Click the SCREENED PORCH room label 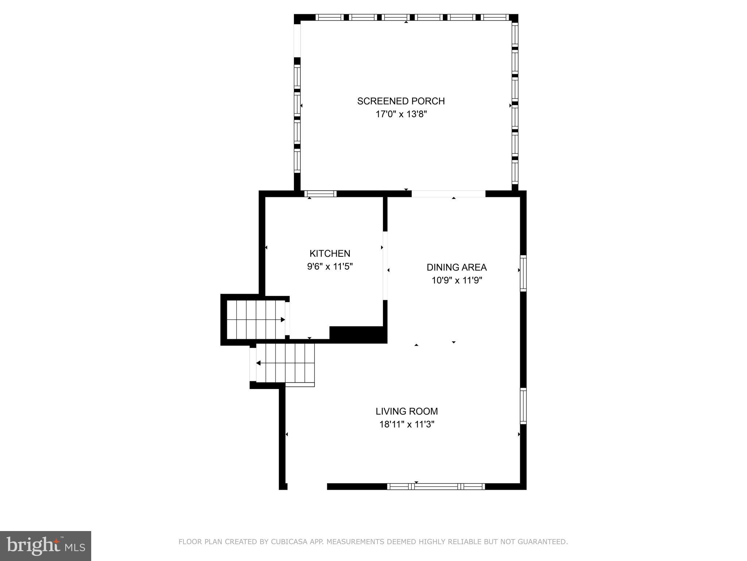pos(401,101)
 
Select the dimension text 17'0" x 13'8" pos(401,114)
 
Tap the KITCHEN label pos(330,253)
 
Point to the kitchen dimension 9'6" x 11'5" pos(330,267)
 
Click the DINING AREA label pos(457,267)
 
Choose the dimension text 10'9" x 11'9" pos(457,280)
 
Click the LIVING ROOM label pos(407,411)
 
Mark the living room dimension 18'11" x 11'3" pos(407,424)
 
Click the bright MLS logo pos(46,546)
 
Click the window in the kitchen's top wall pos(321,194)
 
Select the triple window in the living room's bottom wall pos(436,486)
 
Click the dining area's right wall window pos(523,274)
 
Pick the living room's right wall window pos(523,406)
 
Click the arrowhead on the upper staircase pos(283,320)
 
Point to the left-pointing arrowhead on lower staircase pos(258,363)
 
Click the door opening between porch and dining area pos(449,194)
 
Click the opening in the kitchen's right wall pos(385,266)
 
